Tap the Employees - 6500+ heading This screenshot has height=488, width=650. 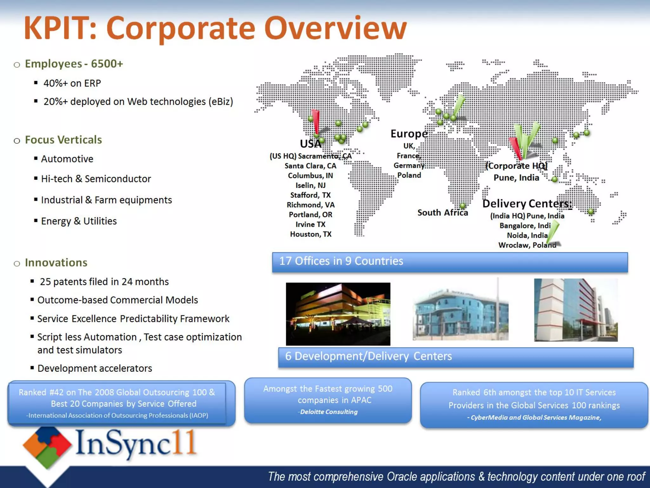(x=74, y=64)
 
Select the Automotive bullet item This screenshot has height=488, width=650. (x=67, y=159)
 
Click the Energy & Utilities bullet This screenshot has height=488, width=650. (x=79, y=221)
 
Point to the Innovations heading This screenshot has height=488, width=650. (x=56, y=263)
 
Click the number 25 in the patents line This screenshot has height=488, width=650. (x=45, y=282)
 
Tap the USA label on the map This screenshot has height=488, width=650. (x=310, y=144)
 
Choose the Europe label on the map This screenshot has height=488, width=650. (x=409, y=134)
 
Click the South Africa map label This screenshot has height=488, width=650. (x=442, y=213)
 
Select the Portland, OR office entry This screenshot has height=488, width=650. (x=310, y=215)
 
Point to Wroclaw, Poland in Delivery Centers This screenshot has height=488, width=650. (x=527, y=245)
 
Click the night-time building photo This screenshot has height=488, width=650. (x=338, y=314)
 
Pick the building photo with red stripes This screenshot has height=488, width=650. (x=575, y=310)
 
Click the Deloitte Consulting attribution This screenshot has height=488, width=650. (x=328, y=412)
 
